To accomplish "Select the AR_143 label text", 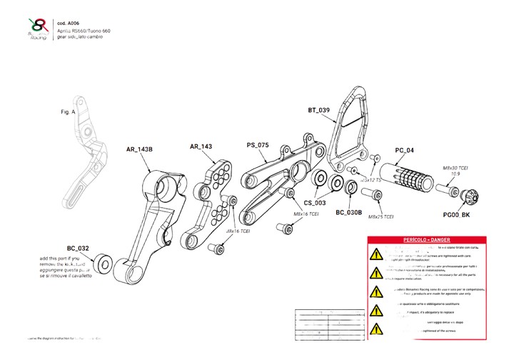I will [201, 146].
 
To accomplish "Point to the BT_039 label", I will [318, 111].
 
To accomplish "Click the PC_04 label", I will [404, 151].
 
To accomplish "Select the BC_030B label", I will [349, 212].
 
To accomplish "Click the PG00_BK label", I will [455, 215].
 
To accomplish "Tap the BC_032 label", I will [78, 249].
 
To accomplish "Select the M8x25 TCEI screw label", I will [379, 217].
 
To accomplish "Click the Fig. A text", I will [68, 113].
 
